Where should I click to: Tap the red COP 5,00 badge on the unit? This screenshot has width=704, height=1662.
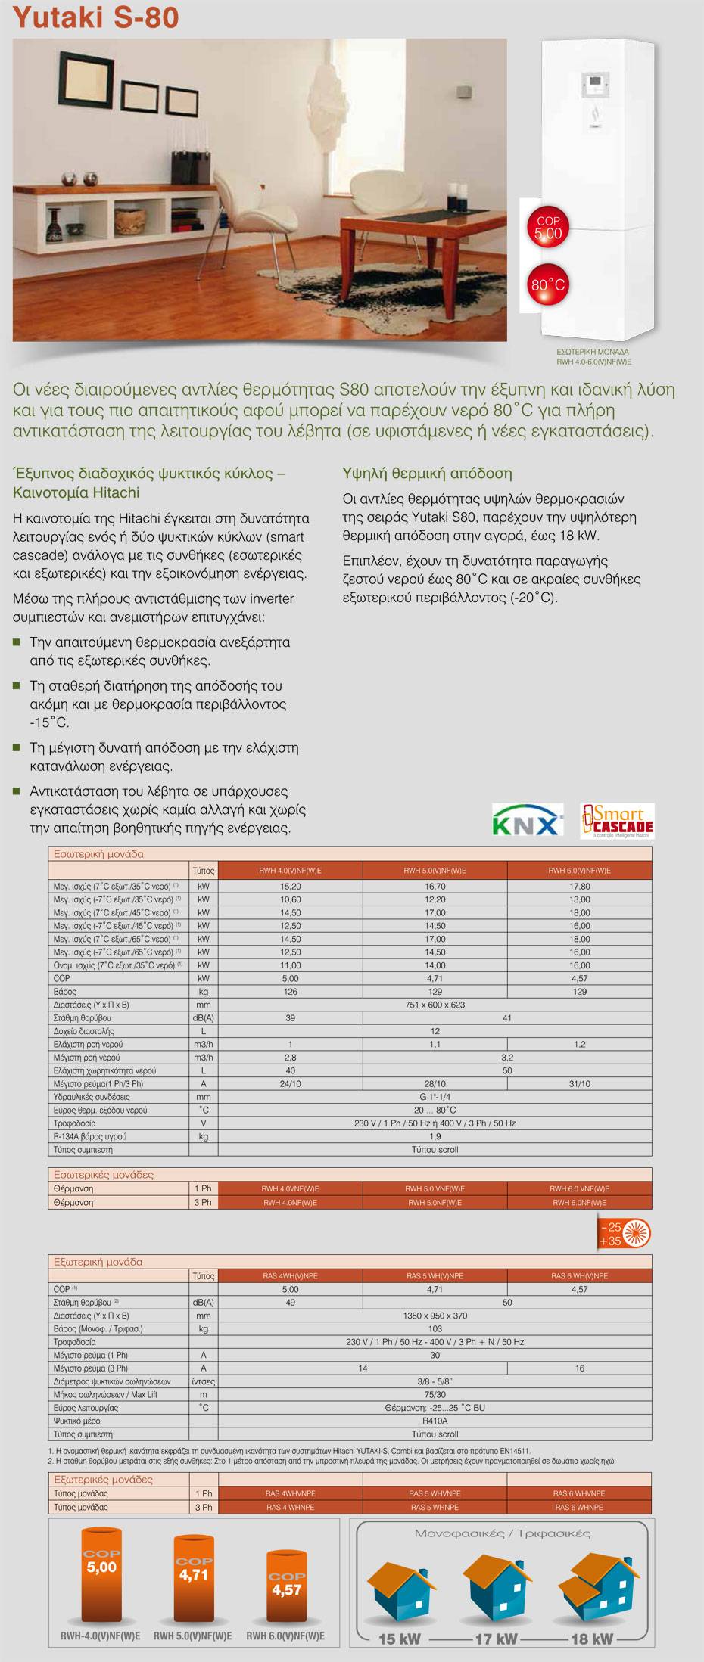[548, 228]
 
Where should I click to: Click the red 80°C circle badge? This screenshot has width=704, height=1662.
[548, 285]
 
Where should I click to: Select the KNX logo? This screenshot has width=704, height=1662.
[528, 822]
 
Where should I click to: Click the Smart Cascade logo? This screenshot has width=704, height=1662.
[616, 821]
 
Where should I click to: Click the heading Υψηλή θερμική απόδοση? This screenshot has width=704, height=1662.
[427, 474]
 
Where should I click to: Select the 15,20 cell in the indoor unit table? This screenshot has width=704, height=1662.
[290, 886]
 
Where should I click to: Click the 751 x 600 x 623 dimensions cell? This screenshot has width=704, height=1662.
[435, 1005]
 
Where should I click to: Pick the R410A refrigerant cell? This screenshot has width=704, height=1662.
[435, 1421]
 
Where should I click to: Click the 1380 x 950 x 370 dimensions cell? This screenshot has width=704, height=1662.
[435, 1316]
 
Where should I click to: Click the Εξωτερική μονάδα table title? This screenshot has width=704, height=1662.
[98, 1262]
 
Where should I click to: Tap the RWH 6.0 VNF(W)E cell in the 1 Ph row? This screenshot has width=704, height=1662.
[579, 1188]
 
